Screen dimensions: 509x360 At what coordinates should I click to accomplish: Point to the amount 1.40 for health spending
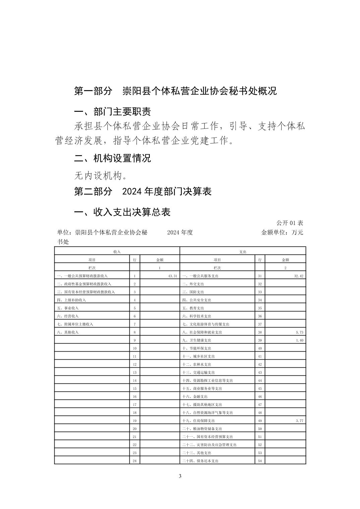point(300,340)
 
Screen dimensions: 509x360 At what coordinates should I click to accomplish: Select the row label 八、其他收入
point(68,332)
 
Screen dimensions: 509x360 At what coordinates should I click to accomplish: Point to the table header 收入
point(117,251)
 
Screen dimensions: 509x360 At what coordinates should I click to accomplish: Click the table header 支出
point(243,251)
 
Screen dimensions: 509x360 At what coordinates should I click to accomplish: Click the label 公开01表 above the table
point(290,223)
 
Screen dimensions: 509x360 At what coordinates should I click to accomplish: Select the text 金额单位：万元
point(282,232)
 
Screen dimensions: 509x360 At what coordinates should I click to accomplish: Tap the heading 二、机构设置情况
point(112,158)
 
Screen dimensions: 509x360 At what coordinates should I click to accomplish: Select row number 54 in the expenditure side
point(260,461)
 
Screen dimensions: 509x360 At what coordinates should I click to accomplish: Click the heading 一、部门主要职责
point(112,111)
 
